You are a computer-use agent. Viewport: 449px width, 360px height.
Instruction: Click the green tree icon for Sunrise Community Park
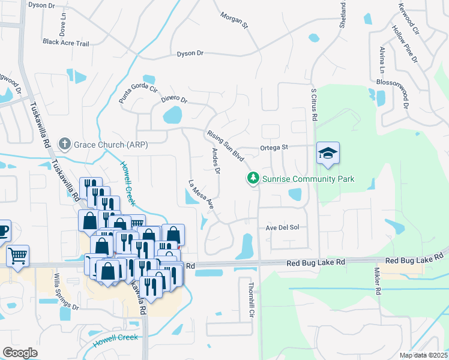pyautogui.click(x=253, y=178)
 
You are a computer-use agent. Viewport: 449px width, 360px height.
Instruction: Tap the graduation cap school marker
pyautogui.click(x=328, y=154)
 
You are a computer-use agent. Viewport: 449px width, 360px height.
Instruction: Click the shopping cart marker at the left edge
pyautogui.click(x=17, y=256)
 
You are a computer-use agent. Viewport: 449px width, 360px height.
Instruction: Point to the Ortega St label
pyautogui.click(x=274, y=147)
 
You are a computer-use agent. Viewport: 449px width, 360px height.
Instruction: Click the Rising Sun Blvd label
pyautogui.click(x=225, y=146)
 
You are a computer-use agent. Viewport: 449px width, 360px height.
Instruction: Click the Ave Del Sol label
pyautogui.click(x=282, y=228)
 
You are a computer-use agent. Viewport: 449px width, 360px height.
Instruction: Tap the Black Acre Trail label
pyautogui.click(x=65, y=43)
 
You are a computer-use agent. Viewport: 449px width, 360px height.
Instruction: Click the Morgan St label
pyautogui.click(x=234, y=20)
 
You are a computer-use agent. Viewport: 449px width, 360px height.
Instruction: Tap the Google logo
pyautogui.click(x=20, y=353)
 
